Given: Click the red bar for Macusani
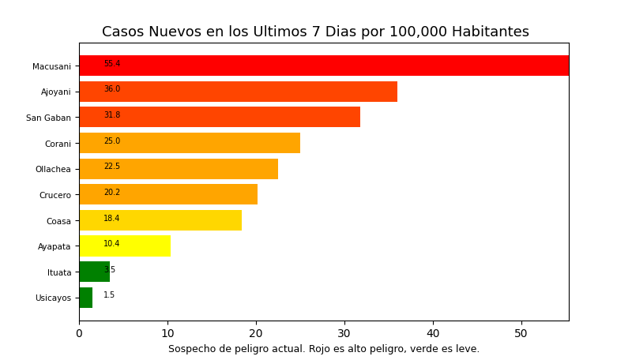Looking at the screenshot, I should click(324, 66).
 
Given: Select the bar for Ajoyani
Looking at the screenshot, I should click(238, 92).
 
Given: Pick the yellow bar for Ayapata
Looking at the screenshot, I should click(125, 246).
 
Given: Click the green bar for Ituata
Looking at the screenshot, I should click(94, 272).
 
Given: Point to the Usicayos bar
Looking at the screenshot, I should click(85, 298).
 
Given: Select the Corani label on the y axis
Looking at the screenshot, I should click(58, 144).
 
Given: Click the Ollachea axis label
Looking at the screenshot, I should click(53, 169).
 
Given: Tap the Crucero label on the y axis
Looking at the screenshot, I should click(55, 195).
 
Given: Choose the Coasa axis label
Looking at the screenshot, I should click(58, 221).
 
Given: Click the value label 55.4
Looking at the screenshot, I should click(112, 64).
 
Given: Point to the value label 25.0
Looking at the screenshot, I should click(112, 141).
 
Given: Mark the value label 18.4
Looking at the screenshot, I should click(112, 219).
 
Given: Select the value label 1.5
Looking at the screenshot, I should click(109, 295).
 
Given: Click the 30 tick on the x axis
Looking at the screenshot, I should click(344, 334).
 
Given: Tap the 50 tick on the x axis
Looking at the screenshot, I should click(521, 334).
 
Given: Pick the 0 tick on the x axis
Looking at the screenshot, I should click(79, 334).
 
